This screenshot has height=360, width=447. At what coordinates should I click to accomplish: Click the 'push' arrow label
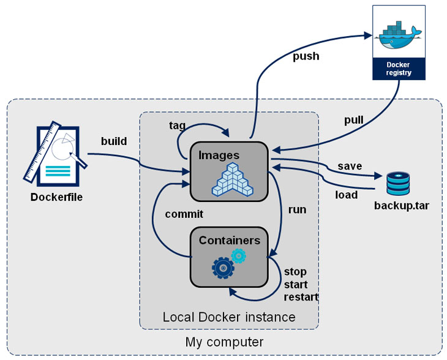306,56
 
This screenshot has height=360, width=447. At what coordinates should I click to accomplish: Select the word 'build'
114,141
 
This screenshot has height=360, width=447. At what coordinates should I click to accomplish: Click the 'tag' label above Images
178,125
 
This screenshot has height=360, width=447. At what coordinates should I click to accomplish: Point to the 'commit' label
184,214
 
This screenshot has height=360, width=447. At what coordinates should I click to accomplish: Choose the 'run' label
297,209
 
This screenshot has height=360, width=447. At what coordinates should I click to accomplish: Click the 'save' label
350,166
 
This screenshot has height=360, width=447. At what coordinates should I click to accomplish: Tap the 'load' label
346,196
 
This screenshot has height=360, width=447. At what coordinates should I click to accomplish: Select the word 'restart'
301,298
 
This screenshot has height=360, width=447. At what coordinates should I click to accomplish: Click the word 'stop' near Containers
295,271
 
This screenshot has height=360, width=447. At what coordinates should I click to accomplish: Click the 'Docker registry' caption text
399,68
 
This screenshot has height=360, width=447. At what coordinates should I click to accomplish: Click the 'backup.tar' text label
401,205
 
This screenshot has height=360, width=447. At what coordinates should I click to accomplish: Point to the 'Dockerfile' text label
56,197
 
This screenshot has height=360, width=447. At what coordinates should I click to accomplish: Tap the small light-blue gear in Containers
239,256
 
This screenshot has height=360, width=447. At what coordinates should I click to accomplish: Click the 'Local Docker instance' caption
228,317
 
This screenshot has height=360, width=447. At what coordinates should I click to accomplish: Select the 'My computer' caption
224,342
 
